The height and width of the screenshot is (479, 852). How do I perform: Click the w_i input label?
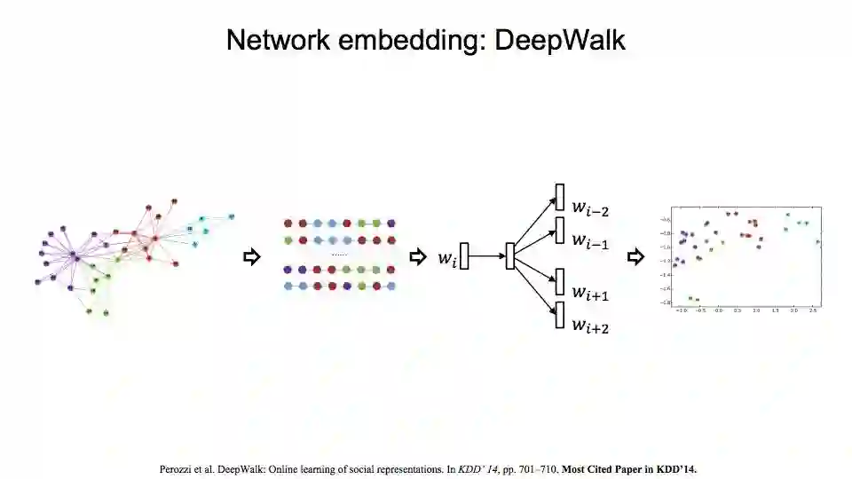click(446, 257)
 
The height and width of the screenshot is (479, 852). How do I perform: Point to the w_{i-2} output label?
click(589, 209)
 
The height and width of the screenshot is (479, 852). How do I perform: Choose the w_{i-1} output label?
click(589, 239)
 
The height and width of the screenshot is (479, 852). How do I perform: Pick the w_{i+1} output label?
click(589, 293)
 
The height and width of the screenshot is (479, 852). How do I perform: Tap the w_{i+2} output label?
click(589, 326)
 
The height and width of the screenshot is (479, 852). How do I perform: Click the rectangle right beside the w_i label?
click(463, 255)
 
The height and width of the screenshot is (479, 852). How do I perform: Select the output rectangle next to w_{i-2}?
click(560, 197)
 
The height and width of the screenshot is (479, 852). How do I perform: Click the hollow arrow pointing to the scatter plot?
click(635, 257)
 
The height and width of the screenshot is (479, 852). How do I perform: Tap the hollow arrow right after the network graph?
click(251, 257)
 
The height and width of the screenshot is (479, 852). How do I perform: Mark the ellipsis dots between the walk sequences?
click(339, 255)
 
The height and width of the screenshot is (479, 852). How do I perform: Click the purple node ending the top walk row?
click(390, 224)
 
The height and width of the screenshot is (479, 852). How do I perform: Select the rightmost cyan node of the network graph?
click(231, 216)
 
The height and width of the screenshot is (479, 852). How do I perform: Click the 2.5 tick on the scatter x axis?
click(813, 311)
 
